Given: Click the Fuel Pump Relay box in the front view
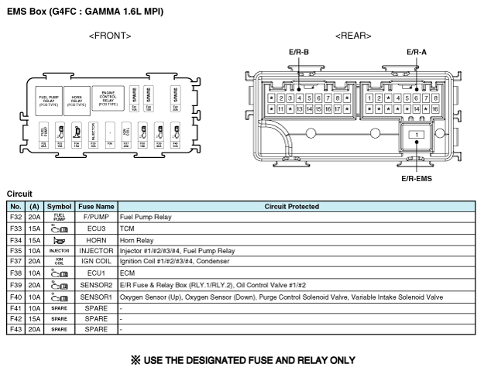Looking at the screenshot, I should (52, 99).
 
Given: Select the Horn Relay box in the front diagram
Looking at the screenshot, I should (77, 99).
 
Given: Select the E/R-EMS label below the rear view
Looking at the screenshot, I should (417, 178).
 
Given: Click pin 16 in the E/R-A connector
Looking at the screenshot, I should (435, 109).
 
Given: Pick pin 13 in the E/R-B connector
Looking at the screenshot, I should (298, 109).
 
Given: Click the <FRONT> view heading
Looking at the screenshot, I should (110, 36).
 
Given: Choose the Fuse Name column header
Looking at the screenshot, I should (96, 207).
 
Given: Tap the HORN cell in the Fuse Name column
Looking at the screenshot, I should (96, 240).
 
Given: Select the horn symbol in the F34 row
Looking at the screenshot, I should (60, 240).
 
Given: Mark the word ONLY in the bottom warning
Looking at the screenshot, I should (339, 360).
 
